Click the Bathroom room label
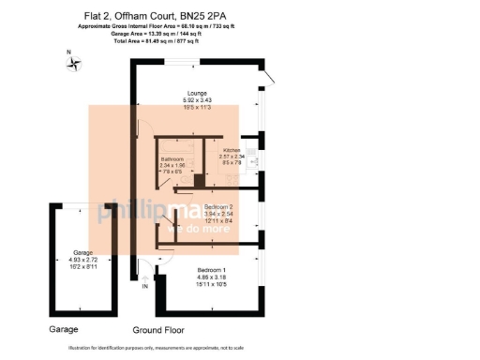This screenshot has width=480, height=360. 174,158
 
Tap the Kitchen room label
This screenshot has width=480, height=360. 231,150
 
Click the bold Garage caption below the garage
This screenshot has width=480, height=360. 67,330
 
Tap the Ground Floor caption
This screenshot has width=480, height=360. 158,330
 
